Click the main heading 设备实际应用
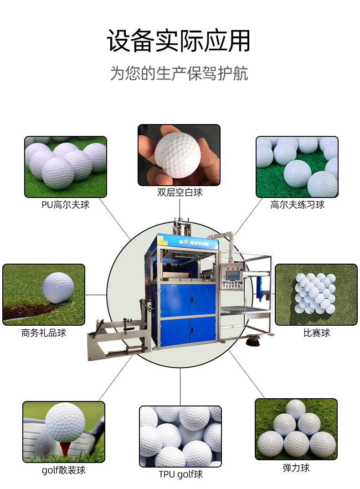[179, 41]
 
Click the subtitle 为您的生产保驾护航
[179, 73]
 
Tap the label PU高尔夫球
[66, 204]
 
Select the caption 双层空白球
[180, 192]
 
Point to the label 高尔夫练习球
[298, 204]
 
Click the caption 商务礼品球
[44, 333]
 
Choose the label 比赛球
[317, 333]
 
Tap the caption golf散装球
[63, 470]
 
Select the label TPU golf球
[180, 474]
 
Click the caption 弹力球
[296, 468]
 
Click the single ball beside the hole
[58, 287]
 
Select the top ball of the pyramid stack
[296, 409]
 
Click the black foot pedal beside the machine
[252, 340]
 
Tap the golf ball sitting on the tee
[65, 422]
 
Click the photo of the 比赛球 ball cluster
[316, 295]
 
